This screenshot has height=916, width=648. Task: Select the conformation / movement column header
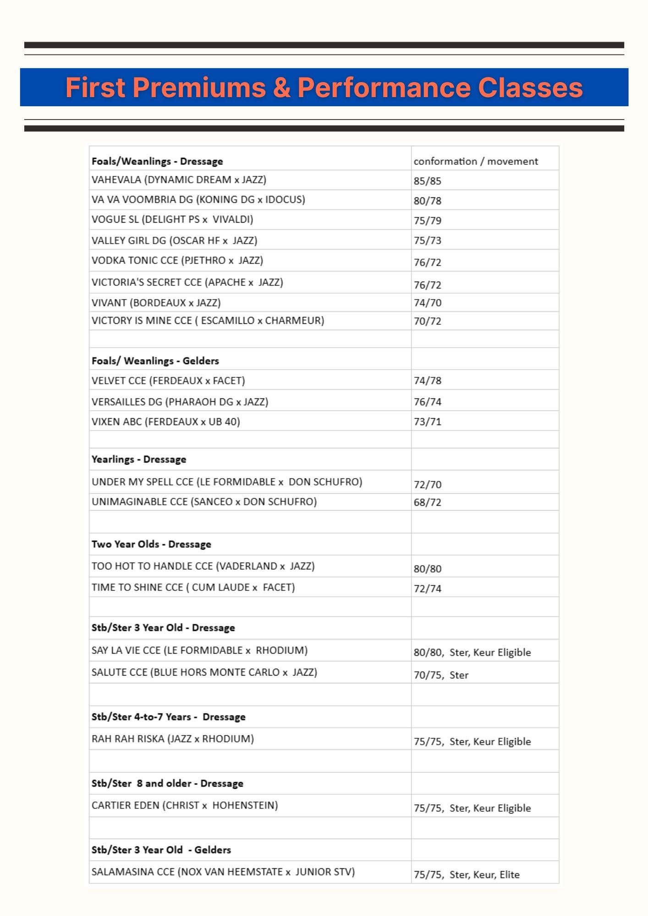476,161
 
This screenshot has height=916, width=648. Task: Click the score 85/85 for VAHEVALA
427,181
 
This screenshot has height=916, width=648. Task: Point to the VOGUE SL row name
172,219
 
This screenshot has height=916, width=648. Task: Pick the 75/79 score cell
427,221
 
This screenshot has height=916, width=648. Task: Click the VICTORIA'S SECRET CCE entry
187,282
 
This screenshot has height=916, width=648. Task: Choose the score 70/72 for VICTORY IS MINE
427,321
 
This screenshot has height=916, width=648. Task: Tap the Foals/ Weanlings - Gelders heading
155,361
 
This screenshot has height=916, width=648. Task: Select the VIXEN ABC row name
165,421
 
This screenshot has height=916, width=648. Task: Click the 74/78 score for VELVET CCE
427,381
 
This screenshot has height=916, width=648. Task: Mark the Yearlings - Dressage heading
139,459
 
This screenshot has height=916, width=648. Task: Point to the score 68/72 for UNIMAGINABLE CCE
427,502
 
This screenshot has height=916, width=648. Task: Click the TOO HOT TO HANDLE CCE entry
203,566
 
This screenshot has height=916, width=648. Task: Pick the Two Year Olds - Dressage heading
151,544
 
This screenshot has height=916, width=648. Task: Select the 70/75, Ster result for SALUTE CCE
441,675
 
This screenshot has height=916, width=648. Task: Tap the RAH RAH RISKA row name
172,739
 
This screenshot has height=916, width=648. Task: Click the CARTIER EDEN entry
185,805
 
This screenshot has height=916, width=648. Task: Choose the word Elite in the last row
510,874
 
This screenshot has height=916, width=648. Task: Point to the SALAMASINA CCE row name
223,872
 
